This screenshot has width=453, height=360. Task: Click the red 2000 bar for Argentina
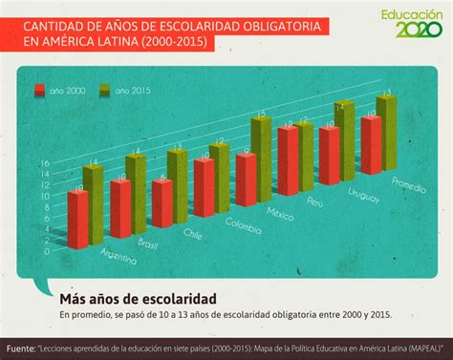coord(77,221)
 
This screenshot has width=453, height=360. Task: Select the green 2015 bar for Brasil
coord(135,194)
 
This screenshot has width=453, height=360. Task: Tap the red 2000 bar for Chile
coord(162,203)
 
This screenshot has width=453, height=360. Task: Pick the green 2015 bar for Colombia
coord(220,179)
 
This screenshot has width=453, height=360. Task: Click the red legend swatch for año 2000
coord(40,91)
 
